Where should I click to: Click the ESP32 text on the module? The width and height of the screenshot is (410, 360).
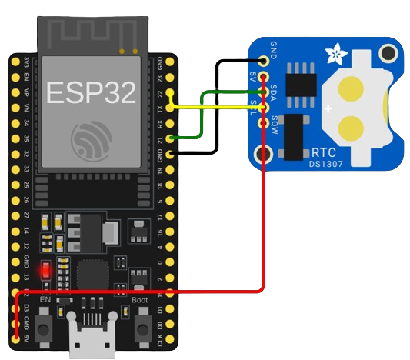click(x=92, y=92)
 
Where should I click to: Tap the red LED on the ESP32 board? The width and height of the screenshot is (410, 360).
click(x=46, y=270)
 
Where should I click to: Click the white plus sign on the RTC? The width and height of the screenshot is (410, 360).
click(x=329, y=109)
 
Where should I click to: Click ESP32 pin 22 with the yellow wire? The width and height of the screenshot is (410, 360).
click(x=169, y=94)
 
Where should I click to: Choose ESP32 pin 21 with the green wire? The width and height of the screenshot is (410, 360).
click(x=169, y=138)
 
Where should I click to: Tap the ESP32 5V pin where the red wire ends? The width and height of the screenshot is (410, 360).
click(x=17, y=336)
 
